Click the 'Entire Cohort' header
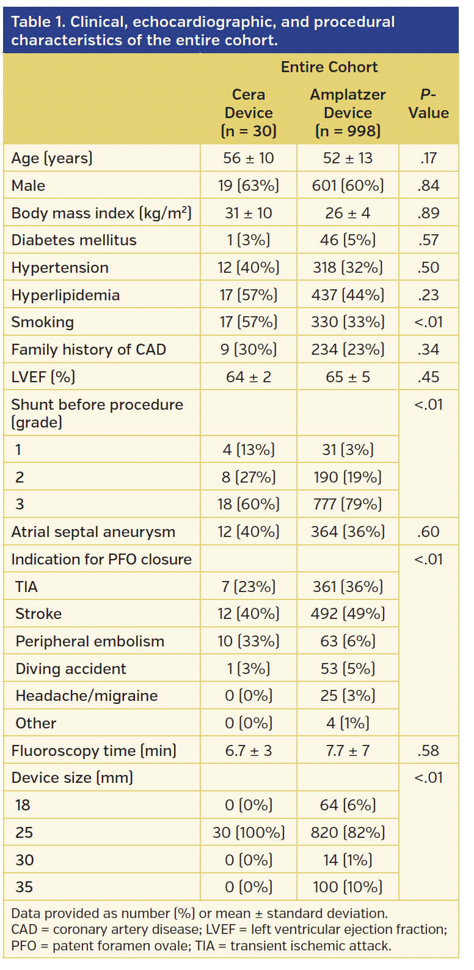coord(329,67)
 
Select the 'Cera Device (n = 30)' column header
coord(248,113)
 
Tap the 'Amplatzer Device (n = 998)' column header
coord(348,113)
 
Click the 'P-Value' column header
coord(428,104)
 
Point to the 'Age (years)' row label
coord(52,158)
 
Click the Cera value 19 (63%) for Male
coord(248,186)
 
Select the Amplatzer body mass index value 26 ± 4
coord(348,213)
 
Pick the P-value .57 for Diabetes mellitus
coord(428,240)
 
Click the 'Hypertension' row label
coord(60,268)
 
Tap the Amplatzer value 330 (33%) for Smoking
coord(348,322)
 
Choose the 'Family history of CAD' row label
coord(89,350)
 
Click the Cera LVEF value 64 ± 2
coord(248,377)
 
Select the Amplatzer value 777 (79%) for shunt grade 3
coord(348,505)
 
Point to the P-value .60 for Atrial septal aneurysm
coord(428,532)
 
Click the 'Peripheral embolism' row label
coord(90,642)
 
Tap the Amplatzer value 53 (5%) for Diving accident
coord(348,669)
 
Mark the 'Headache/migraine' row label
coord(87,696)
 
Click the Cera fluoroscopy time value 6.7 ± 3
coord(248,751)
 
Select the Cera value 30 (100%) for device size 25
coord(248,833)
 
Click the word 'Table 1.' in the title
coord(38,23)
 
